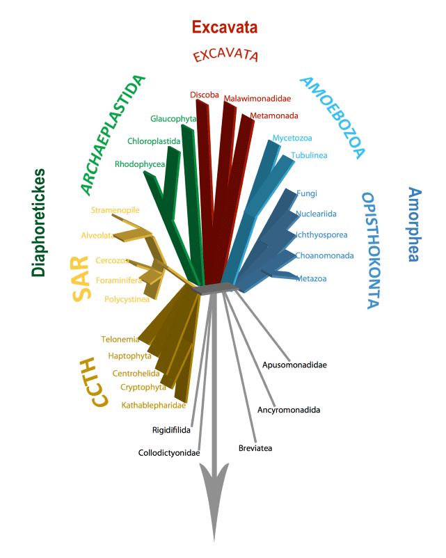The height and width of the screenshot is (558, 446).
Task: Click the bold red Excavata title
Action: (x=225, y=27)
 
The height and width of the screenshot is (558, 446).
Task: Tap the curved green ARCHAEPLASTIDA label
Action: (x=113, y=135)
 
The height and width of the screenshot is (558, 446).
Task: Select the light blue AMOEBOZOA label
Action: (x=333, y=118)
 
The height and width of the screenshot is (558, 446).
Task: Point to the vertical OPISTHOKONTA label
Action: (x=373, y=250)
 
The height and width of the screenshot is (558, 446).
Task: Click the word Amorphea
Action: (x=415, y=225)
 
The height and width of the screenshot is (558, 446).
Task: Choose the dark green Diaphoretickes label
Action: (x=38, y=223)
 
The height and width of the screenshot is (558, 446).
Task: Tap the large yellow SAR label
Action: (x=81, y=278)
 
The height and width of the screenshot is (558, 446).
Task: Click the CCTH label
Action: (x=94, y=382)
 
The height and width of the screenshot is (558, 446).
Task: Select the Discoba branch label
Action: (x=205, y=95)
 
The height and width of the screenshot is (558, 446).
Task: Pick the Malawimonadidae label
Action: (x=257, y=99)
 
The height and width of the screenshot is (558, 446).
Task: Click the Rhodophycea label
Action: (x=140, y=164)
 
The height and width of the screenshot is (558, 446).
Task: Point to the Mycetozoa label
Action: (x=292, y=138)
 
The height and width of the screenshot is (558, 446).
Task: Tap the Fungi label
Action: (x=306, y=193)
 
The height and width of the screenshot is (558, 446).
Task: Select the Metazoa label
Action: (x=311, y=278)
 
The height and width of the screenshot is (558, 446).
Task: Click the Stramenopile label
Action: (x=116, y=210)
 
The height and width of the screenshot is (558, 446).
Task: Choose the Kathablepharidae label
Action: (x=153, y=406)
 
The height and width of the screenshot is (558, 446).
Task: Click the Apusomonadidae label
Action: (x=294, y=365)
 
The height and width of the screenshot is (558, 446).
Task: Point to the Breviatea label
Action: (x=255, y=448)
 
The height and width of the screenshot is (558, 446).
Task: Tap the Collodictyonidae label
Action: (x=169, y=453)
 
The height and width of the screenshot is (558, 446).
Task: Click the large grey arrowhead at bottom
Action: (x=214, y=498)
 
